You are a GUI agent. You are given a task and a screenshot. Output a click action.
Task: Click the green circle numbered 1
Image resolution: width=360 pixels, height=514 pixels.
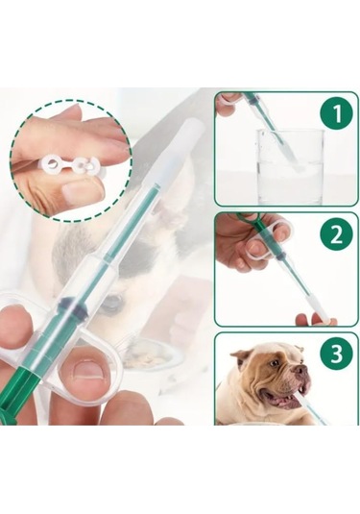tap(336, 115)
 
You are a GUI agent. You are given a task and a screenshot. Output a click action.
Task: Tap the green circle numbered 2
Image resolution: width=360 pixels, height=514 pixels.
tap(336, 234)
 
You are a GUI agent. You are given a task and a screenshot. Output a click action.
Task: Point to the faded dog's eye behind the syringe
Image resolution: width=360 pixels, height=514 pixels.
tap(111, 304)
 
